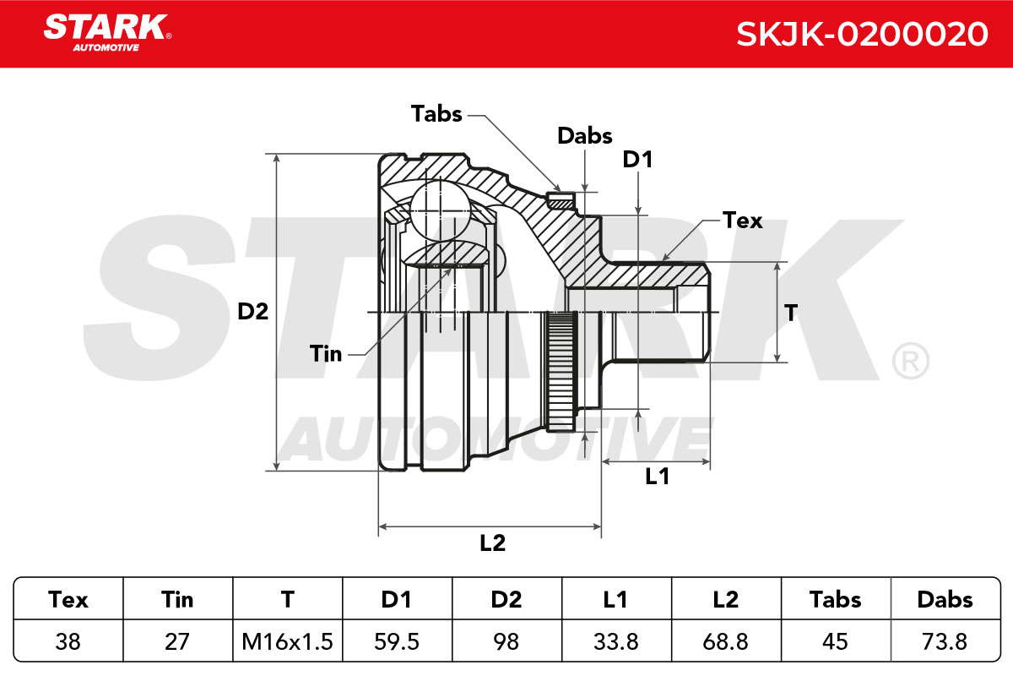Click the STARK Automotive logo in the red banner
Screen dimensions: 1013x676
coord(107,33)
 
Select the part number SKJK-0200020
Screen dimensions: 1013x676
coord(862,34)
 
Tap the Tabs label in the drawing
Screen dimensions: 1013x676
coord(436,113)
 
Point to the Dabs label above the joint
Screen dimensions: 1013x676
coord(585,135)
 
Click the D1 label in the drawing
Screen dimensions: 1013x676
coord(637,160)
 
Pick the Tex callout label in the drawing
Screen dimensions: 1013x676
coord(742,221)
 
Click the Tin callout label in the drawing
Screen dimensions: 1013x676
coord(326,353)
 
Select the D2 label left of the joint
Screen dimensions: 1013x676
coord(252,312)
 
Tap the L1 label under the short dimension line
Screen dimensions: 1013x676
coord(657,477)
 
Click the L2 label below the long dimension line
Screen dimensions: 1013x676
coord(492,542)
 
